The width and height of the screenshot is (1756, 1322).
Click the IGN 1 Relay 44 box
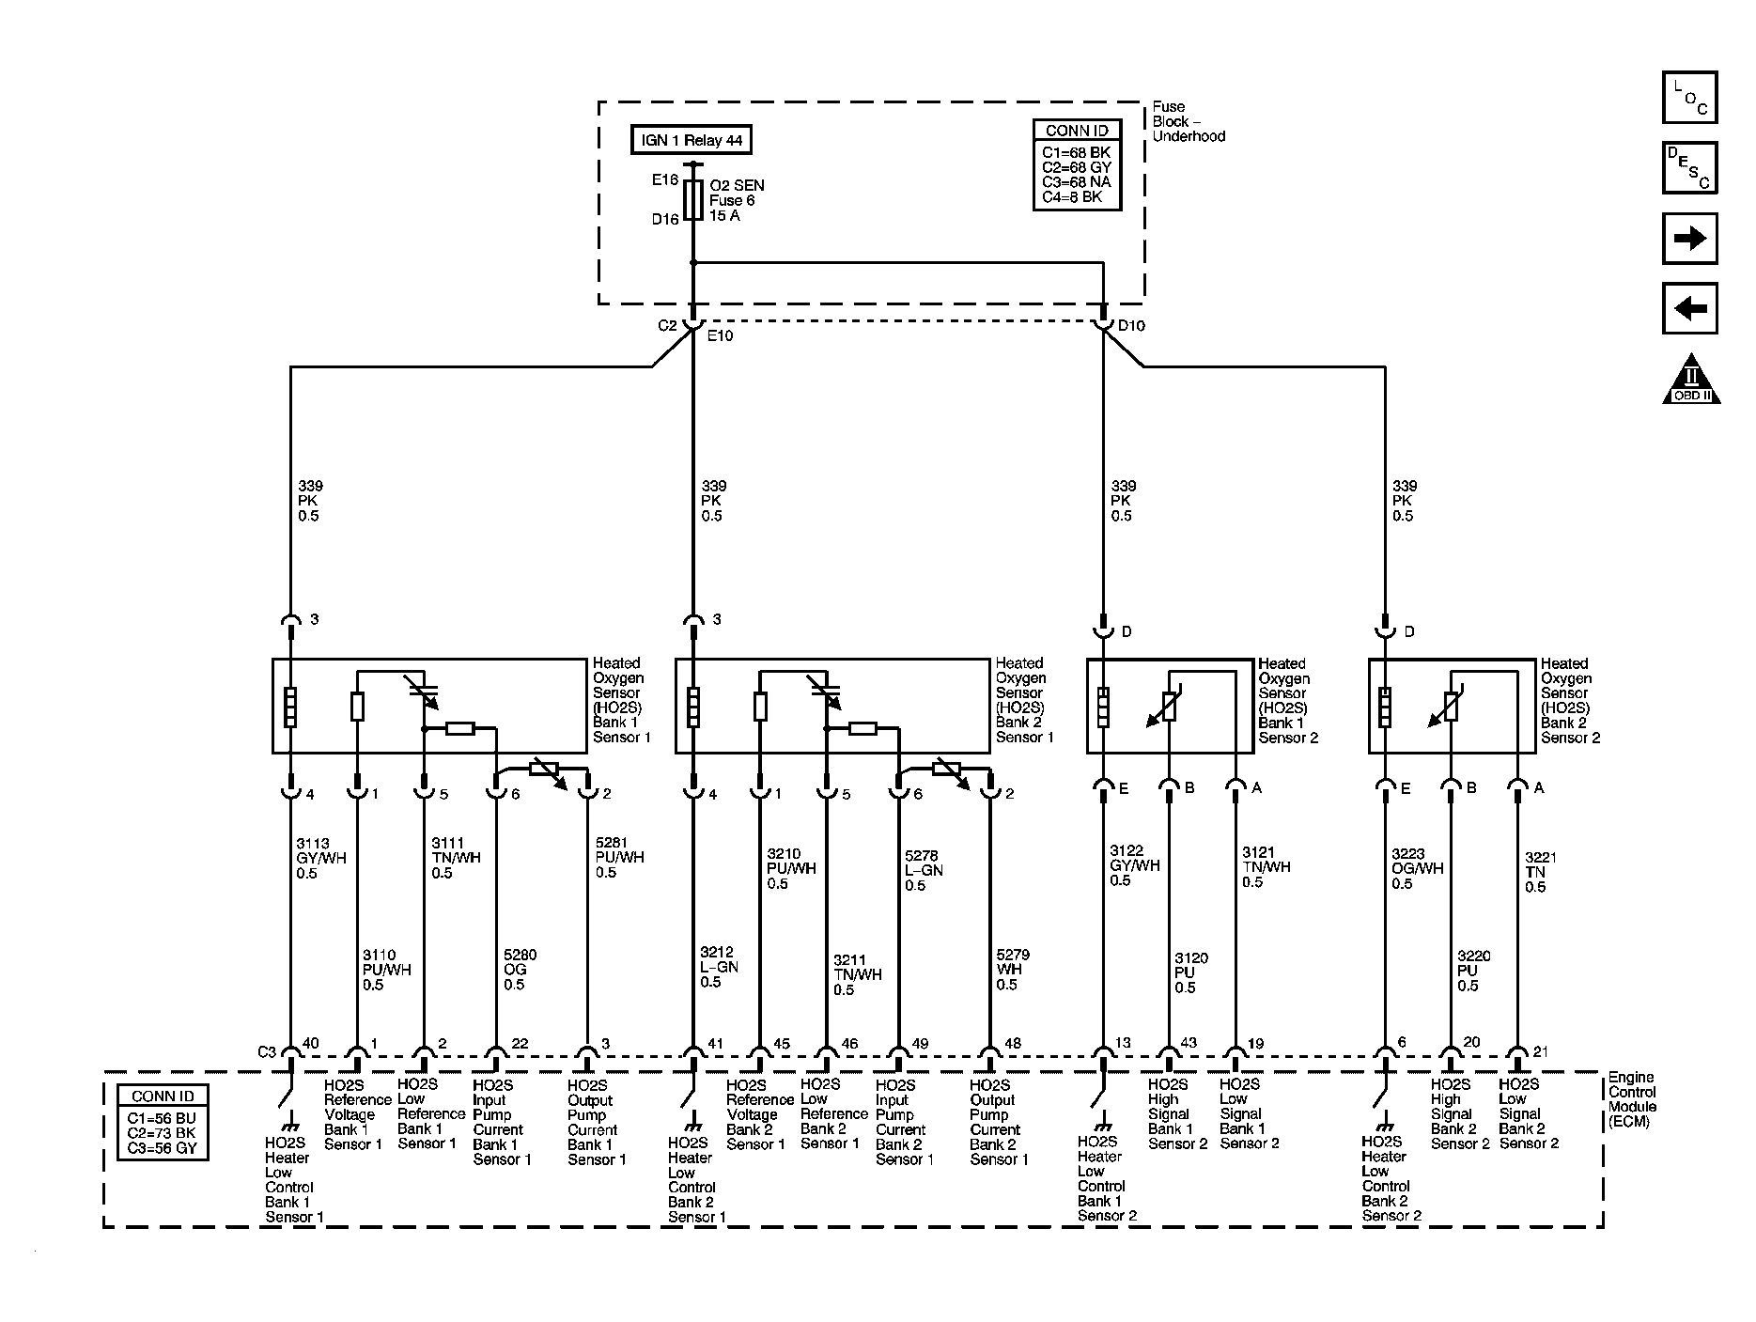click(692, 141)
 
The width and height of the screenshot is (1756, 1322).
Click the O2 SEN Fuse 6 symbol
click(692, 200)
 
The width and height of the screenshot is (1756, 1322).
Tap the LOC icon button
click(1689, 98)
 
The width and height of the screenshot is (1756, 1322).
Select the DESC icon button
click(1689, 168)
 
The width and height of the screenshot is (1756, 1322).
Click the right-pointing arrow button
click(1689, 239)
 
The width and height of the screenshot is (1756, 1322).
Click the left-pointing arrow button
click(1689, 308)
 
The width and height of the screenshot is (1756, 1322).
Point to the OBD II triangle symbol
click(1691, 381)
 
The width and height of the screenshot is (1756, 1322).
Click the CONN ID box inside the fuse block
click(1077, 165)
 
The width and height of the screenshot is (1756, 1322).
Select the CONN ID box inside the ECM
click(163, 1122)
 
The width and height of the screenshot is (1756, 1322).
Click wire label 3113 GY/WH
click(313, 859)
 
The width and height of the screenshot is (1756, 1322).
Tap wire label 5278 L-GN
click(923, 871)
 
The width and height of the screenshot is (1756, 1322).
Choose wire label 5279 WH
click(1013, 970)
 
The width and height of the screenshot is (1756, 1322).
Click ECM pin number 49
click(920, 1044)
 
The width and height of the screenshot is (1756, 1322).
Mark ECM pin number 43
click(1189, 1043)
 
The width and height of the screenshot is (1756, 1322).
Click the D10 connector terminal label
click(1131, 326)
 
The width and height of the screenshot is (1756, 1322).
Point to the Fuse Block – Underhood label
click(1189, 121)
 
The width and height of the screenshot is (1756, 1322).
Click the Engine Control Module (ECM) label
click(1632, 1099)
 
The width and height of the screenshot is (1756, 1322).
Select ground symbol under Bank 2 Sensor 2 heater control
click(1383, 1126)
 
